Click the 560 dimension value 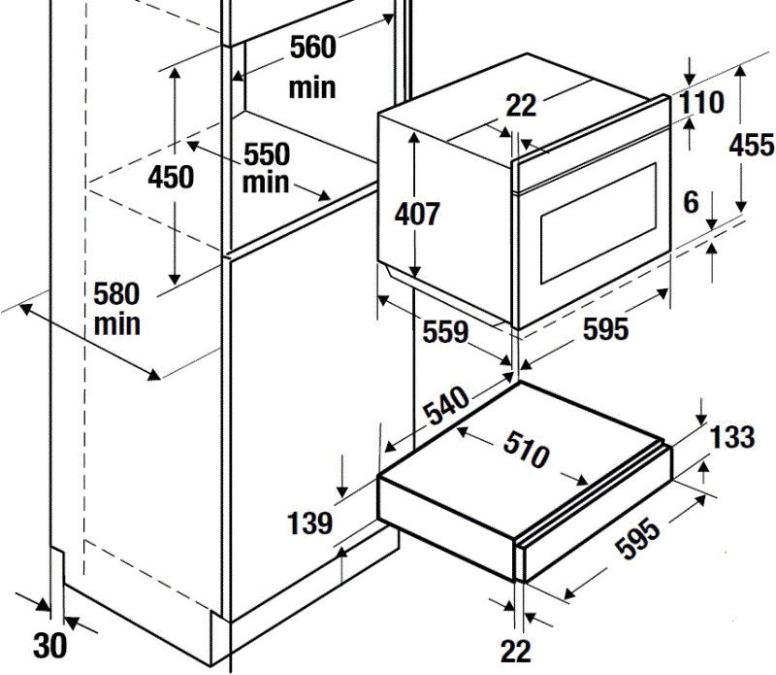coord(312,48)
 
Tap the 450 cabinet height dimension coord(171,177)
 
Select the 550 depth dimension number coord(267,154)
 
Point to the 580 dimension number coord(116,293)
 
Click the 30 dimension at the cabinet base coord(50,646)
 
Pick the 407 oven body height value coord(417,214)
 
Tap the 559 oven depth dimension coord(445,331)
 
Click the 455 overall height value coord(751,146)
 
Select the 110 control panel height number coord(701,102)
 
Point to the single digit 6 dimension coord(691,202)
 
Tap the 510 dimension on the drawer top coord(526,450)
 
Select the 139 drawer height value coord(309,523)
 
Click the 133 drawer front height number coord(732,437)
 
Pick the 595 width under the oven coord(605,328)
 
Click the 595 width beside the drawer coord(638,539)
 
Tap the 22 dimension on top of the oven coord(521,106)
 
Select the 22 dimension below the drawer coord(516,651)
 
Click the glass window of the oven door coord(598,223)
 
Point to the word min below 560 coord(312,87)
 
